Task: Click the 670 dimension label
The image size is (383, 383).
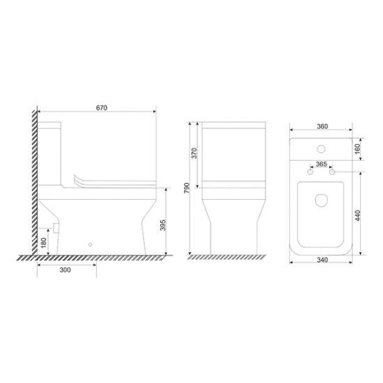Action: (102, 108)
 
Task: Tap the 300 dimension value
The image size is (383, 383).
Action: (65, 270)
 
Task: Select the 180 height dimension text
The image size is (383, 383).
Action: (44, 243)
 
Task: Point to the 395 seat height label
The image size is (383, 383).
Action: (163, 225)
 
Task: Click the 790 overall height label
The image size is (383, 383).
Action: (187, 188)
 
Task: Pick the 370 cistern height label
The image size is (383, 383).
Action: (194, 153)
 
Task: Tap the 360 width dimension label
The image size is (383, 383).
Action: (322, 127)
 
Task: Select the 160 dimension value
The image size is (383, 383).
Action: (357, 149)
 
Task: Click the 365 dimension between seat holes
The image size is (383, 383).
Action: (321, 164)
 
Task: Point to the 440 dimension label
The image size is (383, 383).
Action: (358, 215)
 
